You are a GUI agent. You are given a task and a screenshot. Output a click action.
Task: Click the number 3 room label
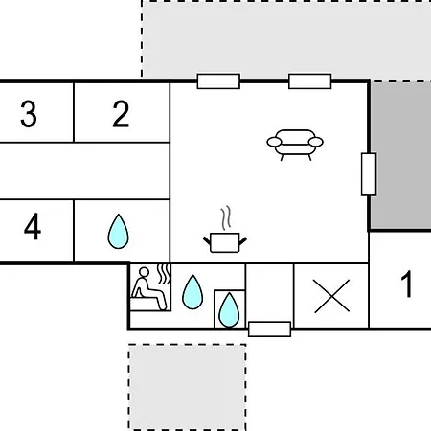(x=29, y=114)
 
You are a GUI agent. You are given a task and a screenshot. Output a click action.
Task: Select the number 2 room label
(x=121, y=114)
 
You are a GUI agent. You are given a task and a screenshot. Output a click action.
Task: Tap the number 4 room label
(x=33, y=227)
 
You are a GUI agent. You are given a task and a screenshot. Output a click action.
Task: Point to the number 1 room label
(x=406, y=284)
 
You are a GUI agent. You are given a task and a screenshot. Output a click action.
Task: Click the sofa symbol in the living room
(x=295, y=145)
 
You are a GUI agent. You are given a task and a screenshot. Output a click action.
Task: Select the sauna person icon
(x=148, y=288)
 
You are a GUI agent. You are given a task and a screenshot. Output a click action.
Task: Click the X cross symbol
(x=331, y=296)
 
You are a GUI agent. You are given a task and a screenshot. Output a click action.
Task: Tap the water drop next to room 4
(x=118, y=232)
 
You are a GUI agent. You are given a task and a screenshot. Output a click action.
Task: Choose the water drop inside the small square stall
(x=229, y=309)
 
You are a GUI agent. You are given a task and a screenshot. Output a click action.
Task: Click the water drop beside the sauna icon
(x=193, y=292)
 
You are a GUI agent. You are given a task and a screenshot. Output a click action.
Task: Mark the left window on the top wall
(x=218, y=81)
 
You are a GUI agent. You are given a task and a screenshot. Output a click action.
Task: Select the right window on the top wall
(x=310, y=81)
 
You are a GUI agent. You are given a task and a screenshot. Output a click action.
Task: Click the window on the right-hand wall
(x=369, y=174)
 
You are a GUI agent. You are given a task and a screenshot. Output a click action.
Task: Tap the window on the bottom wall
(x=270, y=329)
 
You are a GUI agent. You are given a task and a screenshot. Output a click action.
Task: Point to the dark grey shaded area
(x=400, y=155)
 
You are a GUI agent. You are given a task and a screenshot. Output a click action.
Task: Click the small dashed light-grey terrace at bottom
(x=188, y=387)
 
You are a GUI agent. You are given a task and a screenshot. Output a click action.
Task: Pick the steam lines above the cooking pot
(x=225, y=217)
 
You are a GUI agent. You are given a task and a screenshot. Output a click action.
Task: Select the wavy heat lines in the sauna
(x=164, y=274)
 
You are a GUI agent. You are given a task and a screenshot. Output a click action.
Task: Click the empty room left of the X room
(x=269, y=293)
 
